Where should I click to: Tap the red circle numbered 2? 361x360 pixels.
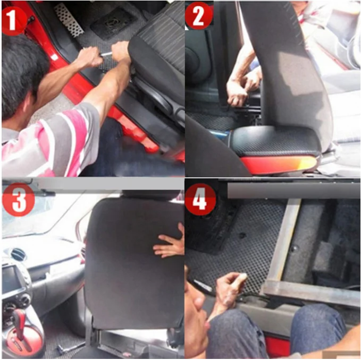(x=199, y=15)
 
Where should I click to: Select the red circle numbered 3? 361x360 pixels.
(x=19, y=200)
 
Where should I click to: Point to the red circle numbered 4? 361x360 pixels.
(x=200, y=199)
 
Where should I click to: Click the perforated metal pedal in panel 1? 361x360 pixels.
(x=69, y=19)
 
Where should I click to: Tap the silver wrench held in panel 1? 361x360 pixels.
(x=106, y=54)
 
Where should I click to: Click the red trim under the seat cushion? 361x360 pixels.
(x=279, y=163)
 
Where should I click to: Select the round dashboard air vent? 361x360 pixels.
(x=18, y=254)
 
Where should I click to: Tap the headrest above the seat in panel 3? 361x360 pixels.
(x=149, y=194)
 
